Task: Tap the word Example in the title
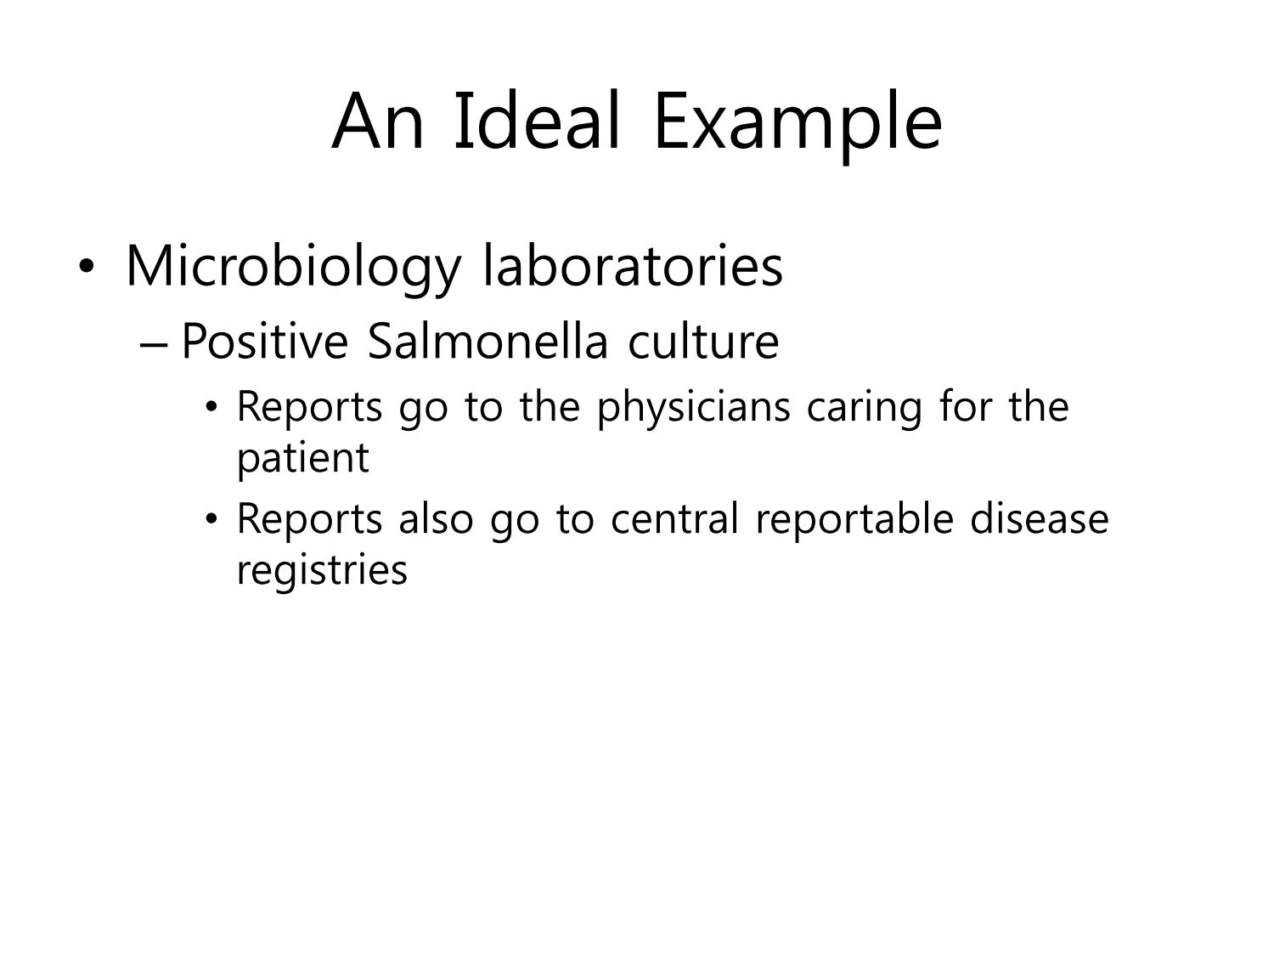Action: [798, 127]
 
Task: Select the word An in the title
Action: [377, 122]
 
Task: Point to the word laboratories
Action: [633, 265]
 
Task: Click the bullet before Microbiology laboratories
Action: [87, 266]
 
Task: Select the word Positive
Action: [265, 341]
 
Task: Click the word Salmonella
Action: [488, 341]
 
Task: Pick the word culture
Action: [703, 341]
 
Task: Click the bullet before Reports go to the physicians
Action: [211, 407]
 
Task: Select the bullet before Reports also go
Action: [211, 518]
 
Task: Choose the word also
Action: [436, 518]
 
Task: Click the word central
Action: [675, 518]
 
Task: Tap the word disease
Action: [1039, 518]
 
